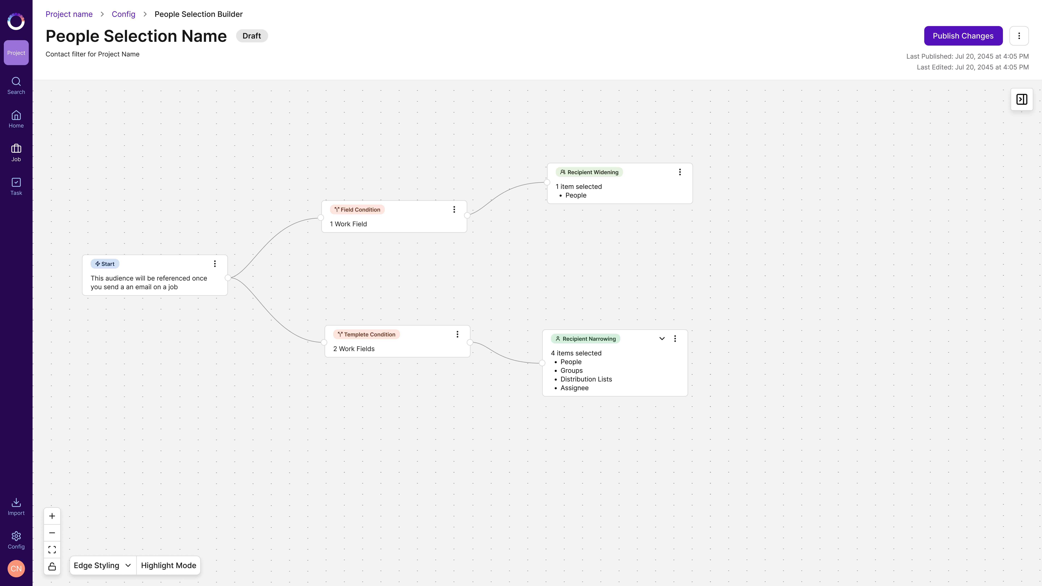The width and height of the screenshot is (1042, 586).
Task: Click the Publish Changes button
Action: pos(963,36)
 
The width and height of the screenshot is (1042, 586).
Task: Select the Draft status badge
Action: pos(252,36)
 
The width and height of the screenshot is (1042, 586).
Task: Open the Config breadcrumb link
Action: pos(123,14)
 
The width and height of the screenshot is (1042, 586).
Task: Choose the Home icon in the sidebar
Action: pos(16,115)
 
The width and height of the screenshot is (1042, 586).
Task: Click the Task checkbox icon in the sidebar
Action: pos(16,182)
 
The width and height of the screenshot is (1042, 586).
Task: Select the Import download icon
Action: pos(16,502)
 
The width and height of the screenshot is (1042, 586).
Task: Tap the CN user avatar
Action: pos(16,569)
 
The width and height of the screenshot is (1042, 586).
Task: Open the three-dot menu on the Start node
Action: pos(215,264)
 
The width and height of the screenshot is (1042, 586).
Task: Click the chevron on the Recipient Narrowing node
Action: pos(662,339)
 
